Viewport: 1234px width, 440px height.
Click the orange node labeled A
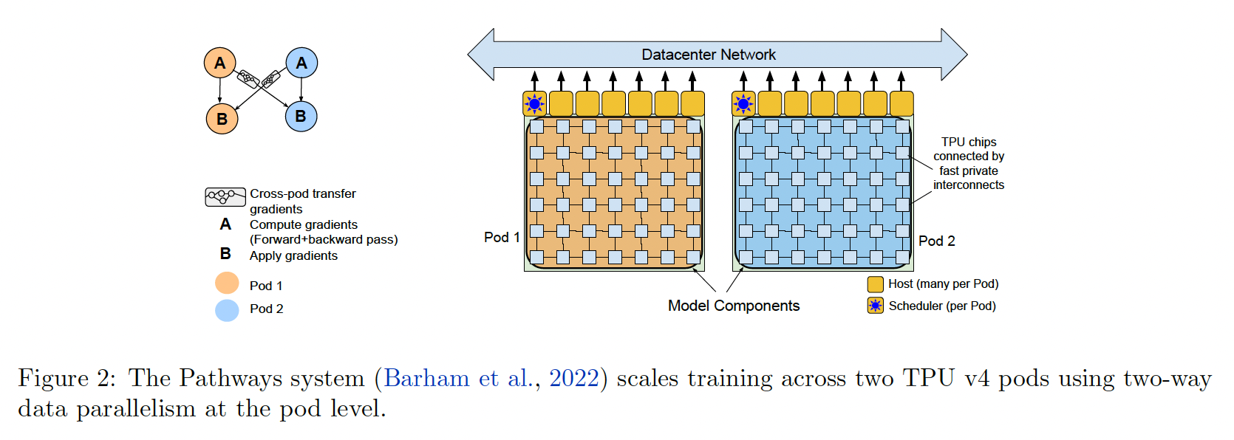pos(219,63)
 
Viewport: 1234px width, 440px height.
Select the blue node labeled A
pos(301,63)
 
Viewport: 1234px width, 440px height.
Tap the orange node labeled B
pos(222,118)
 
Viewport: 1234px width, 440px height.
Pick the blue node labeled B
pos(301,116)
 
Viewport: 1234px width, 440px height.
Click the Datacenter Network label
pos(708,55)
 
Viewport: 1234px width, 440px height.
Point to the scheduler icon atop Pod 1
pos(534,104)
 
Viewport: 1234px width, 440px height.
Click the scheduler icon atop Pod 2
pos(743,104)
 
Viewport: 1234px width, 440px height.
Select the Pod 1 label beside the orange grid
pos(502,237)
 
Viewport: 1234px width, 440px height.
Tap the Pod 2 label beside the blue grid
pos(936,241)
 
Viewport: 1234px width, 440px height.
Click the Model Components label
pos(733,306)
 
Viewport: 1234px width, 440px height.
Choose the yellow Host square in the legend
pos(875,284)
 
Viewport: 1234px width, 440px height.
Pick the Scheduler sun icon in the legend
pos(875,306)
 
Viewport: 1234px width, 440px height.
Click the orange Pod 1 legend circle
pos(227,283)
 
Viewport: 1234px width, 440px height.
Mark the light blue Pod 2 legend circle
pos(227,310)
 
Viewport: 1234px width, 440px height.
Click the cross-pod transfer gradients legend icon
pos(225,197)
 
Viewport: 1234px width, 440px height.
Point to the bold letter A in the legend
pos(225,224)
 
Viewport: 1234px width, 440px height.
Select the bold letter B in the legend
pos(225,254)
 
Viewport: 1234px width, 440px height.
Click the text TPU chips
pos(968,142)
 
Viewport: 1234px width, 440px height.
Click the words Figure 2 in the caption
pos(67,378)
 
